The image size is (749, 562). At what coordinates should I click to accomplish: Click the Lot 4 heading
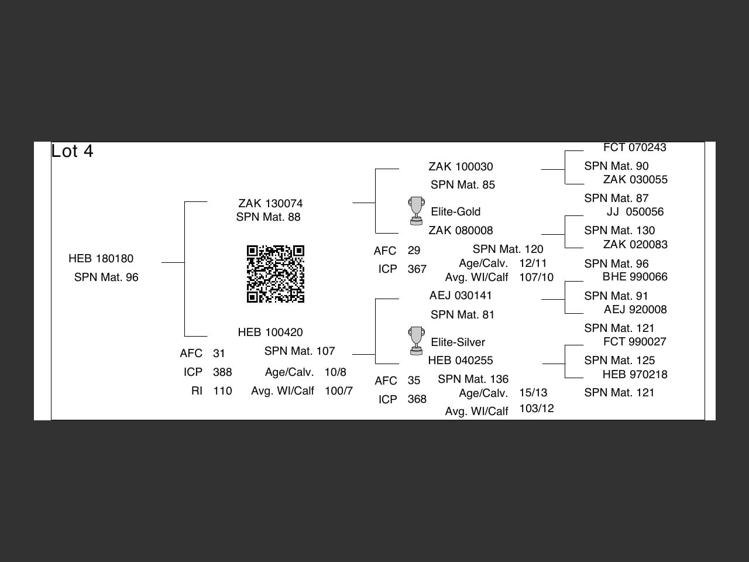pyautogui.click(x=72, y=151)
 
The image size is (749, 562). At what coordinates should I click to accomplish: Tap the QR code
pyautogui.click(x=276, y=274)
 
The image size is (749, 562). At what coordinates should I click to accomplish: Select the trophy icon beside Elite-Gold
pyautogui.click(x=416, y=211)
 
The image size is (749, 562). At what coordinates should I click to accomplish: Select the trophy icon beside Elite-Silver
pyautogui.click(x=416, y=341)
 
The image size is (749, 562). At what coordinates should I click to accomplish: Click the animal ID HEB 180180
pyautogui.click(x=101, y=259)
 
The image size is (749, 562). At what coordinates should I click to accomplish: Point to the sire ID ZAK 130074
pyautogui.click(x=270, y=204)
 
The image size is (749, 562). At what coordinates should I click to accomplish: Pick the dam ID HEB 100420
pyautogui.click(x=270, y=333)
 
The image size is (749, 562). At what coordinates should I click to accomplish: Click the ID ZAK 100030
pyautogui.click(x=461, y=167)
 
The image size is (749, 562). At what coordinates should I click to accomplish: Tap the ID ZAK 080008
pyautogui.click(x=461, y=231)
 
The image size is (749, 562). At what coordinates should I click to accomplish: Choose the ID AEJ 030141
pyautogui.click(x=461, y=296)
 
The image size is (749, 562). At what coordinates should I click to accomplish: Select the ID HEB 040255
pyautogui.click(x=461, y=361)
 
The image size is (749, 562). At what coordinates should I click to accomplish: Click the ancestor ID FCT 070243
pyautogui.click(x=635, y=148)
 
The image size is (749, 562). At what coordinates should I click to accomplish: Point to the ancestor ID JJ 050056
pyautogui.click(x=635, y=212)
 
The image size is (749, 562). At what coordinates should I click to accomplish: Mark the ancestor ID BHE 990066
pyautogui.click(x=635, y=277)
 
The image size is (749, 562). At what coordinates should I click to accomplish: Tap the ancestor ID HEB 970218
pyautogui.click(x=635, y=375)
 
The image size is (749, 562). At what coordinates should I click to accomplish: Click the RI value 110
pyautogui.click(x=222, y=391)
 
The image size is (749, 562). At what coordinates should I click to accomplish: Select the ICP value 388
pyautogui.click(x=222, y=372)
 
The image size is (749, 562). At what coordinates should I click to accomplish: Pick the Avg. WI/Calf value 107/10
pyautogui.click(x=536, y=277)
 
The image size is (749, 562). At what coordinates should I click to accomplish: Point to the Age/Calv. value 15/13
pyautogui.click(x=533, y=393)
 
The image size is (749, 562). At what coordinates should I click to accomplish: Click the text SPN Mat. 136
pyautogui.click(x=473, y=379)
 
